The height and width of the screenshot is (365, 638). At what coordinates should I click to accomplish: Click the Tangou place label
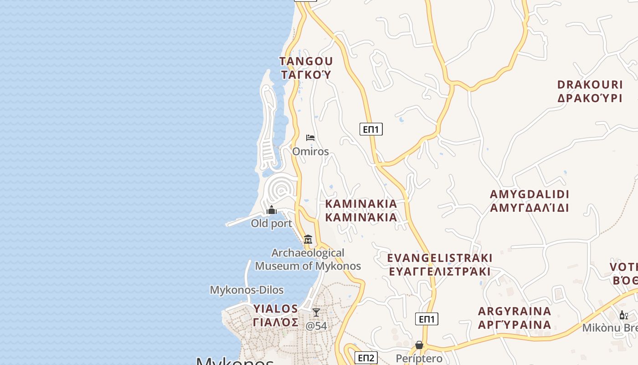click(x=306, y=68)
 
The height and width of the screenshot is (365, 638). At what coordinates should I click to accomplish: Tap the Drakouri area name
click(x=590, y=91)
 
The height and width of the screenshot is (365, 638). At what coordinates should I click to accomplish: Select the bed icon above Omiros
click(x=310, y=138)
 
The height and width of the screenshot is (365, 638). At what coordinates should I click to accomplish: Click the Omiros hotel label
click(x=310, y=151)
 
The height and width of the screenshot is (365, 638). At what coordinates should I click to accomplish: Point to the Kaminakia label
click(x=361, y=210)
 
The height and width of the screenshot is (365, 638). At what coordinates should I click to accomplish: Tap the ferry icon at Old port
click(x=272, y=210)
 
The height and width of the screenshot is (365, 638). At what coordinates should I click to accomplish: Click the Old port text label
click(x=272, y=224)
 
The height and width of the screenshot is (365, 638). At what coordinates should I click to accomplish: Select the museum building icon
click(x=308, y=240)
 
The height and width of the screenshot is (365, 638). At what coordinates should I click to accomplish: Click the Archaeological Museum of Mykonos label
click(x=308, y=259)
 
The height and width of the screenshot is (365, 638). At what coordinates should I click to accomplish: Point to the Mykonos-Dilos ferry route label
click(x=247, y=290)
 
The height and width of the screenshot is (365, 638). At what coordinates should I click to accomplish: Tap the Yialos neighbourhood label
click(x=276, y=315)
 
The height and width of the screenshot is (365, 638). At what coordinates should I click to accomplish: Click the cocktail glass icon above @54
click(x=316, y=313)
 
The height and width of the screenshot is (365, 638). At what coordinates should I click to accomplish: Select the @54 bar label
click(x=316, y=326)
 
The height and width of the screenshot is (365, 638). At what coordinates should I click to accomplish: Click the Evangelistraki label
click(x=440, y=265)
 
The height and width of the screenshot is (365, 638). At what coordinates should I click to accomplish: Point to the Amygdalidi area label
click(x=530, y=201)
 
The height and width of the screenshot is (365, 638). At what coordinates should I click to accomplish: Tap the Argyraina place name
click(x=515, y=318)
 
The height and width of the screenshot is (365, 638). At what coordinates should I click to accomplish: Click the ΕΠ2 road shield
click(x=366, y=358)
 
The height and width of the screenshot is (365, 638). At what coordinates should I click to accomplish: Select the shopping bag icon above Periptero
click(x=419, y=345)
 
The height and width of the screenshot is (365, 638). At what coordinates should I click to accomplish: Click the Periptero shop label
click(x=419, y=359)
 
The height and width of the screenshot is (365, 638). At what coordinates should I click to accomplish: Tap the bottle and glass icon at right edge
click(x=623, y=315)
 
